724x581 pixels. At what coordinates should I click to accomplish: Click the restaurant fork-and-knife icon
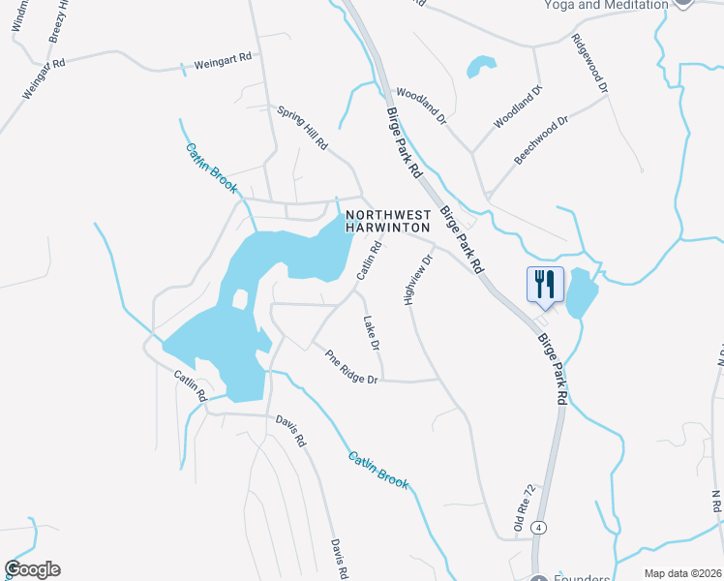[x=544, y=285]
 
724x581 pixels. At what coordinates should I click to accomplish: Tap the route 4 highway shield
[x=539, y=527]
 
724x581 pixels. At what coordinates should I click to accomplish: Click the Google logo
[x=32, y=569]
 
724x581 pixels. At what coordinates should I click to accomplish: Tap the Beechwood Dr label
[x=540, y=140]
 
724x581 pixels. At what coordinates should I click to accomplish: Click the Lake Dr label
[x=372, y=333]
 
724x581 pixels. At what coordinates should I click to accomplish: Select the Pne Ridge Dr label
[x=351, y=367]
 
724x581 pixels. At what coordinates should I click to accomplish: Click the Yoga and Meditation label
[x=607, y=5]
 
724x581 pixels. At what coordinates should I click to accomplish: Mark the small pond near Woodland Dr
[x=479, y=67]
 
